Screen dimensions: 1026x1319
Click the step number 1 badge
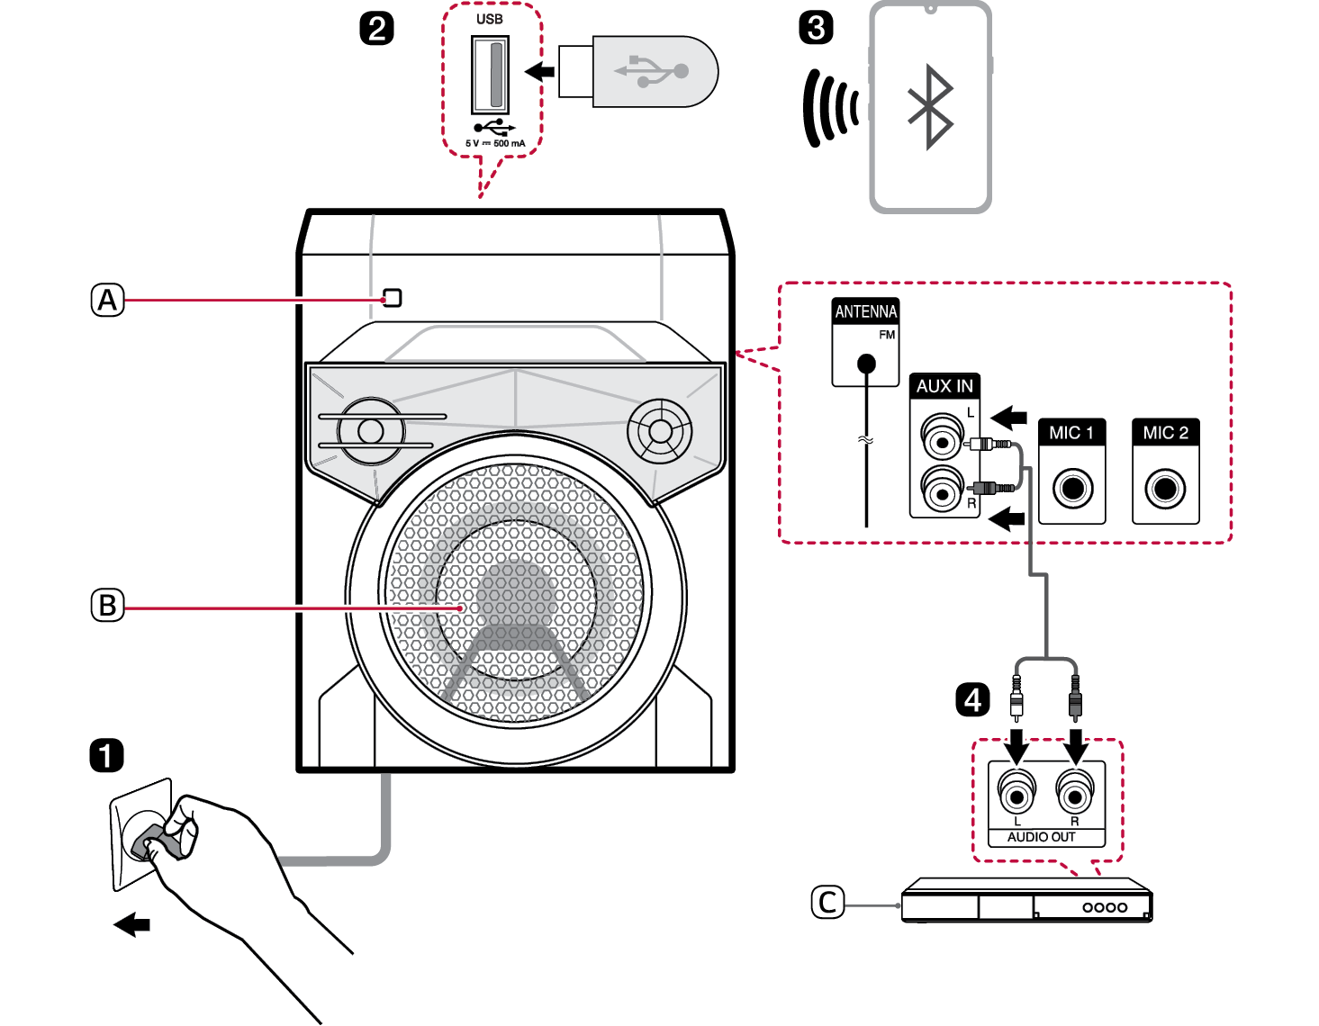click(x=106, y=755)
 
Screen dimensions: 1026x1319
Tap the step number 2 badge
click(x=376, y=29)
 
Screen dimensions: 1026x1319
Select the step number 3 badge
click(x=816, y=28)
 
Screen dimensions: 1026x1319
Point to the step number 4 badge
click(x=972, y=699)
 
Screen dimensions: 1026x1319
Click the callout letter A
click(x=107, y=300)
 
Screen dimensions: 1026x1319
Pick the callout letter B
click(x=107, y=605)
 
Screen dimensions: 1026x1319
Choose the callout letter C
click(x=827, y=902)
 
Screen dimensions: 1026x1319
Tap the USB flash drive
click(x=637, y=71)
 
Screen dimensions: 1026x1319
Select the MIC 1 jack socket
click(x=1071, y=489)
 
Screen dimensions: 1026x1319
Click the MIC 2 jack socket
click(x=1165, y=489)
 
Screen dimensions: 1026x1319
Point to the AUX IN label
click(x=944, y=386)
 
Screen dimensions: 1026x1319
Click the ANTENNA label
click(x=865, y=311)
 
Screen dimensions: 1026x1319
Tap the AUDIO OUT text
click(x=1041, y=837)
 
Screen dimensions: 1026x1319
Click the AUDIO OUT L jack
click(x=1017, y=796)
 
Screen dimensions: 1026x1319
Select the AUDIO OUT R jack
click(x=1074, y=796)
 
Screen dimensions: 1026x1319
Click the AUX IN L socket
click(x=941, y=441)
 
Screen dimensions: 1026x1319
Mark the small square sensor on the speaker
click(x=393, y=298)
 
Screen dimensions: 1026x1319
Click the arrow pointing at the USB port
click(x=540, y=71)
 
